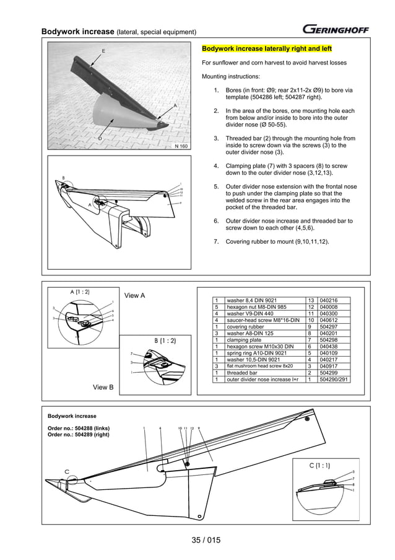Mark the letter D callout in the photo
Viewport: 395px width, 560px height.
[100, 137]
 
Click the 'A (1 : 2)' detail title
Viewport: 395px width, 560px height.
[79, 291]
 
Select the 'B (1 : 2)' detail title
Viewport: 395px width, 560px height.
[165, 340]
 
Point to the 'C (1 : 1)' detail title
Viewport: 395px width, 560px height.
[323, 464]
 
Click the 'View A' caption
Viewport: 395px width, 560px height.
[135, 295]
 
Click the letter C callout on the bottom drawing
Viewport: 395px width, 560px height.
[67, 471]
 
